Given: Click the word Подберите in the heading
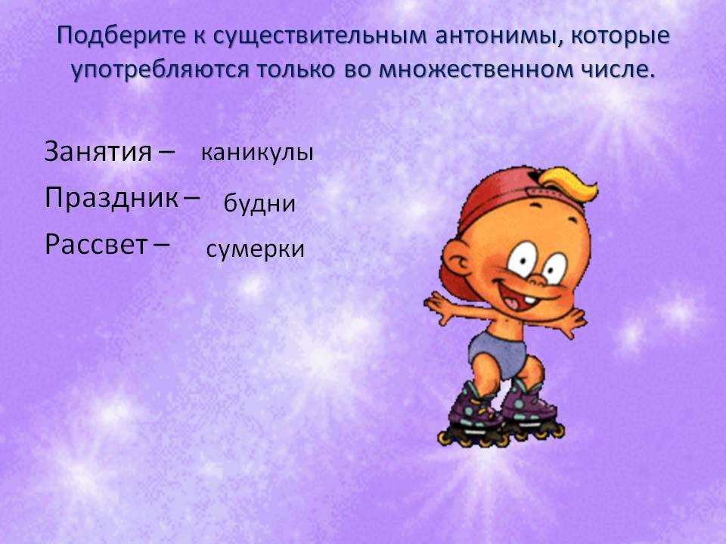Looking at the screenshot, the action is pos(121,36).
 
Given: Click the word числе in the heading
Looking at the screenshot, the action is pos(617,70).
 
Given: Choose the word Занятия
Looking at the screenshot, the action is pos(98,151).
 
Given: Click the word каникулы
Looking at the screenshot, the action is pos(257,152).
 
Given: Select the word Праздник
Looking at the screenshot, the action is pos(111,198).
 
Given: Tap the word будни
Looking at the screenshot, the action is pos(259,202).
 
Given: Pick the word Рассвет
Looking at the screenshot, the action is pos(96,244).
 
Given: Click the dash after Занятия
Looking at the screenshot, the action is pos(166,150).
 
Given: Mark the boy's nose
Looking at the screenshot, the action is pos(537,279).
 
